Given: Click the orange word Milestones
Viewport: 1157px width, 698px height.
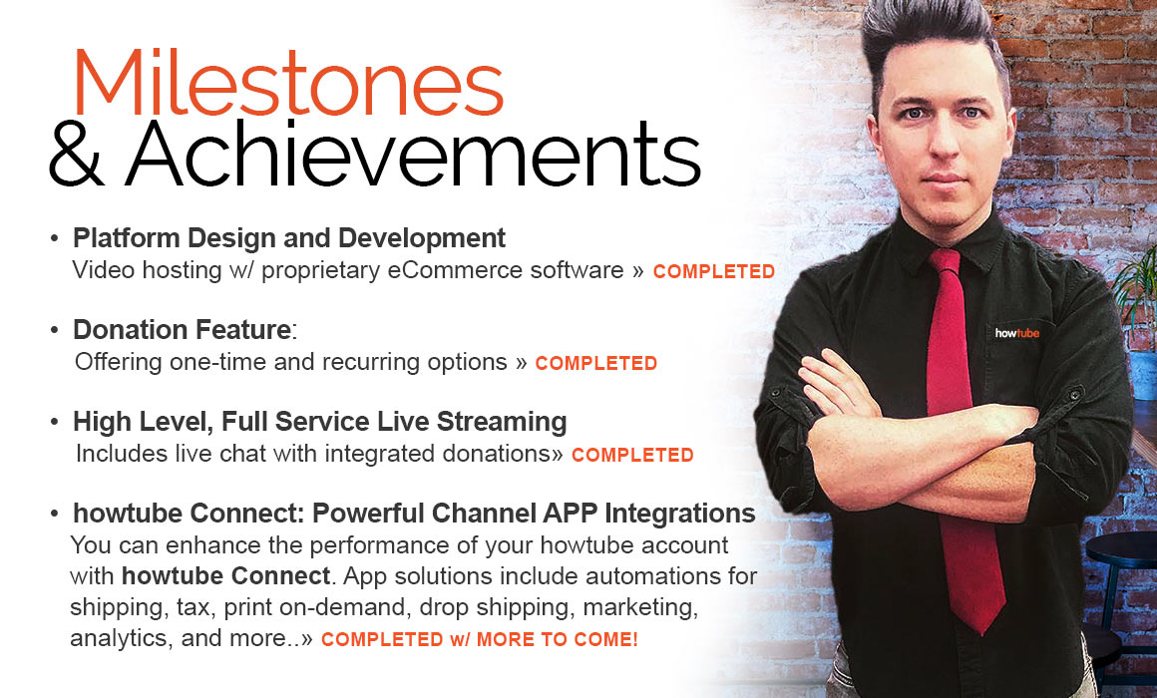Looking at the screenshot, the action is click(x=288, y=83).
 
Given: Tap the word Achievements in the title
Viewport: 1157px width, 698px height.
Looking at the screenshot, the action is click(x=413, y=154).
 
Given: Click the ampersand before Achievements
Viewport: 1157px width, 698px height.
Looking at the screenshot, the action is click(x=75, y=155).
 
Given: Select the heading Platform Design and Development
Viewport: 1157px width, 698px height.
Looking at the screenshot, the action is click(x=288, y=238).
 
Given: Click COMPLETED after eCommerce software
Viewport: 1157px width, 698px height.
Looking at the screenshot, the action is click(x=713, y=271).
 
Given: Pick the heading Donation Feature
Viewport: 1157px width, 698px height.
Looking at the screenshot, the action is click(x=182, y=330).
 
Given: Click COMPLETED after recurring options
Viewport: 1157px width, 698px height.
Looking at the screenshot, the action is click(x=595, y=363).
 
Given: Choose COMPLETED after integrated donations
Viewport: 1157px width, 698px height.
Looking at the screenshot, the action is click(x=632, y=455).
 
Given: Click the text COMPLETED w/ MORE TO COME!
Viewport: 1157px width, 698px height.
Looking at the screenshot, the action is click(x=480, y=639).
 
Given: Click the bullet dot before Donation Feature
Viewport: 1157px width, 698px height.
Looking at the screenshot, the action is click(x=54, y=330).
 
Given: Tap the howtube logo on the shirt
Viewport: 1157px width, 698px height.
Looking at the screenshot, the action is click(x=1016, y=333).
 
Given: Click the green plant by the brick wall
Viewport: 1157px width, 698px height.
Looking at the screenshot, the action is click(x=1137, y=295).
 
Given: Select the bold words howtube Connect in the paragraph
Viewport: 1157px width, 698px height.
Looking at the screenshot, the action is click(x=225, y=575).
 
